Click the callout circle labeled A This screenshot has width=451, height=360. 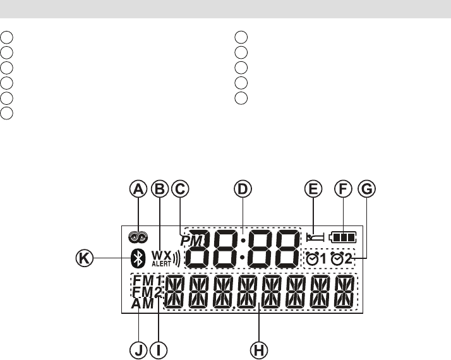(138, 188)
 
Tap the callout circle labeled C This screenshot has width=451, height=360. (181, 188)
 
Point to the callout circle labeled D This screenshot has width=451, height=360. (242, 188)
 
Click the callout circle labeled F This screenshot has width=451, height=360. (343, 188)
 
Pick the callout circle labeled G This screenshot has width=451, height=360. (365, 188)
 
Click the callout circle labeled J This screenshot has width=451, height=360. (138, 349)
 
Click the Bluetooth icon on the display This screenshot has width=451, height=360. (135, 258)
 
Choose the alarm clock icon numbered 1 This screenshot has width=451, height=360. (316, 259)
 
